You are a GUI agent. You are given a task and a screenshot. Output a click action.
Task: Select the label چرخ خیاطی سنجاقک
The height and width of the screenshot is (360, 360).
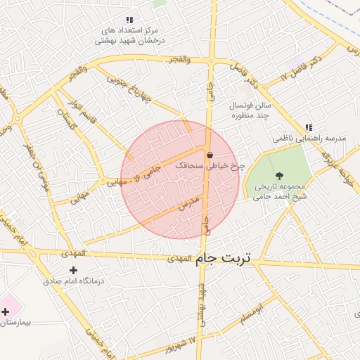coord(210,166)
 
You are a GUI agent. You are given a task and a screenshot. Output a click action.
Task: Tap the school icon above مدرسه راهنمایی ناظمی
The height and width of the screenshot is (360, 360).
coord(308,128)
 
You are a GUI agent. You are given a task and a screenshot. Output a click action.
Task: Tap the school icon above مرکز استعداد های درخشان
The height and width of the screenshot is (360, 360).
coord(129,20)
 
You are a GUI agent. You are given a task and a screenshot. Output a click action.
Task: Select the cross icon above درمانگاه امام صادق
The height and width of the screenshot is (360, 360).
coord(73,270)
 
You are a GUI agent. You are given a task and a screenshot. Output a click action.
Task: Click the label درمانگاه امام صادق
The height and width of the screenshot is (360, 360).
coord(73,281)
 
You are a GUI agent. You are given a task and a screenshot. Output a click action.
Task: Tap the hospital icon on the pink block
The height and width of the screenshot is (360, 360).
coord(6,311)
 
